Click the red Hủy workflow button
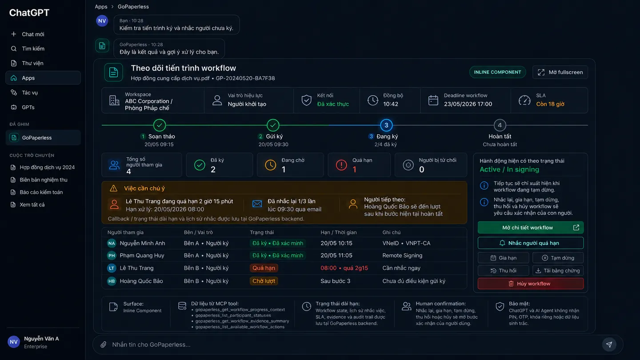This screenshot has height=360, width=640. click(531, 284)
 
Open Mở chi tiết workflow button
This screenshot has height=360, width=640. click(531, 228)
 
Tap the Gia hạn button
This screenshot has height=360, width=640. click(504, 258)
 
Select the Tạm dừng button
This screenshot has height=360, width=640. click(558, 258)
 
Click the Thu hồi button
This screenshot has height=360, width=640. click(504, 271)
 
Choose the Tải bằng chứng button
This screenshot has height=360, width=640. click(558, 271)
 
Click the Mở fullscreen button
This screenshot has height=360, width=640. click(560, 72)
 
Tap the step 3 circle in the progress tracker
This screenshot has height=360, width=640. click(386, 125)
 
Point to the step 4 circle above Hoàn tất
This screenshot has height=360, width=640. click(500, 125)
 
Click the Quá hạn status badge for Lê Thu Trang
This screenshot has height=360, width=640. click(264, 268)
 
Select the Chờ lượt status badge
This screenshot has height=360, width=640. click(264, 281)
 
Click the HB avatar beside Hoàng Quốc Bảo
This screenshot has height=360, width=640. click(112, 281)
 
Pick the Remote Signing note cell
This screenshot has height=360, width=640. click(402, 256)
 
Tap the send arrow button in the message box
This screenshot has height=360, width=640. click(609, 344)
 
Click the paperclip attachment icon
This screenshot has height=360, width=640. click(104, 344)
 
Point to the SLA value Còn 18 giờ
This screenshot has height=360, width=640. click(550, 104)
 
